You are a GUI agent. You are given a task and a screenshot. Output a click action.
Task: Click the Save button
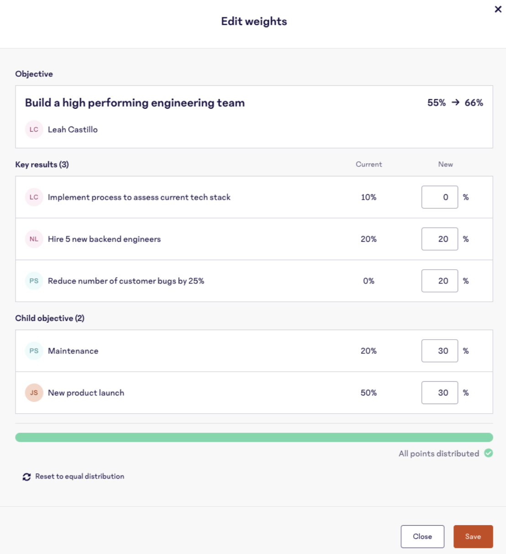(473, 536)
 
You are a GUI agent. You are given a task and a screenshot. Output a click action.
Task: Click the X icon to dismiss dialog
(498, 9)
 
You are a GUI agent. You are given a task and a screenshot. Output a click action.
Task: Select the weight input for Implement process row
(439, 197)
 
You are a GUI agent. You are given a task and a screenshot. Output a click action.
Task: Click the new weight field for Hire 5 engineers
(439, 239)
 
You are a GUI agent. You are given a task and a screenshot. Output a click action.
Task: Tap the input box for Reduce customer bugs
(439, 281)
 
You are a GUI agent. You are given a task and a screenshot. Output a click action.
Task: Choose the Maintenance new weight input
(439, 351)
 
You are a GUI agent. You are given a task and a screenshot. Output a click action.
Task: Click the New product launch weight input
(439, 393)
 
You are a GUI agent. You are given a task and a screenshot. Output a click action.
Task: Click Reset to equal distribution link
(79, 476)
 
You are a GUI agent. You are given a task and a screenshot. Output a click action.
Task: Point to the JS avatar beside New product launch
(34, 393)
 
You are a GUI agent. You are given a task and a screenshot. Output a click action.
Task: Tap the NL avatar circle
(34, 239)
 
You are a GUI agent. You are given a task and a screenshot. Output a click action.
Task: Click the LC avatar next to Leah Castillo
(34, 129)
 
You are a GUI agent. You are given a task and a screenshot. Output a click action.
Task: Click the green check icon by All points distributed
(488, 453)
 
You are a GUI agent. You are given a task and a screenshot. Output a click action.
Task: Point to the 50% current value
(369, 393)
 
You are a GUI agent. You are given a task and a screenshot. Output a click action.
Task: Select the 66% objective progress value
(474, 103)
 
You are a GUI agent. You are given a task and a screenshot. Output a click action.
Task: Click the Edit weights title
(254, 21)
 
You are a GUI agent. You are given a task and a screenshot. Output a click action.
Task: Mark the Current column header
(369, 165)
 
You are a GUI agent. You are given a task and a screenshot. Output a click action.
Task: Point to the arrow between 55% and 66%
(455, 102)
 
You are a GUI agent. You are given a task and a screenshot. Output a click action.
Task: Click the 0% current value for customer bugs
(369, 281)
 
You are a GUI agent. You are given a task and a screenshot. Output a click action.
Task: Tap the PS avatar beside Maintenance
(34, 351)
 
